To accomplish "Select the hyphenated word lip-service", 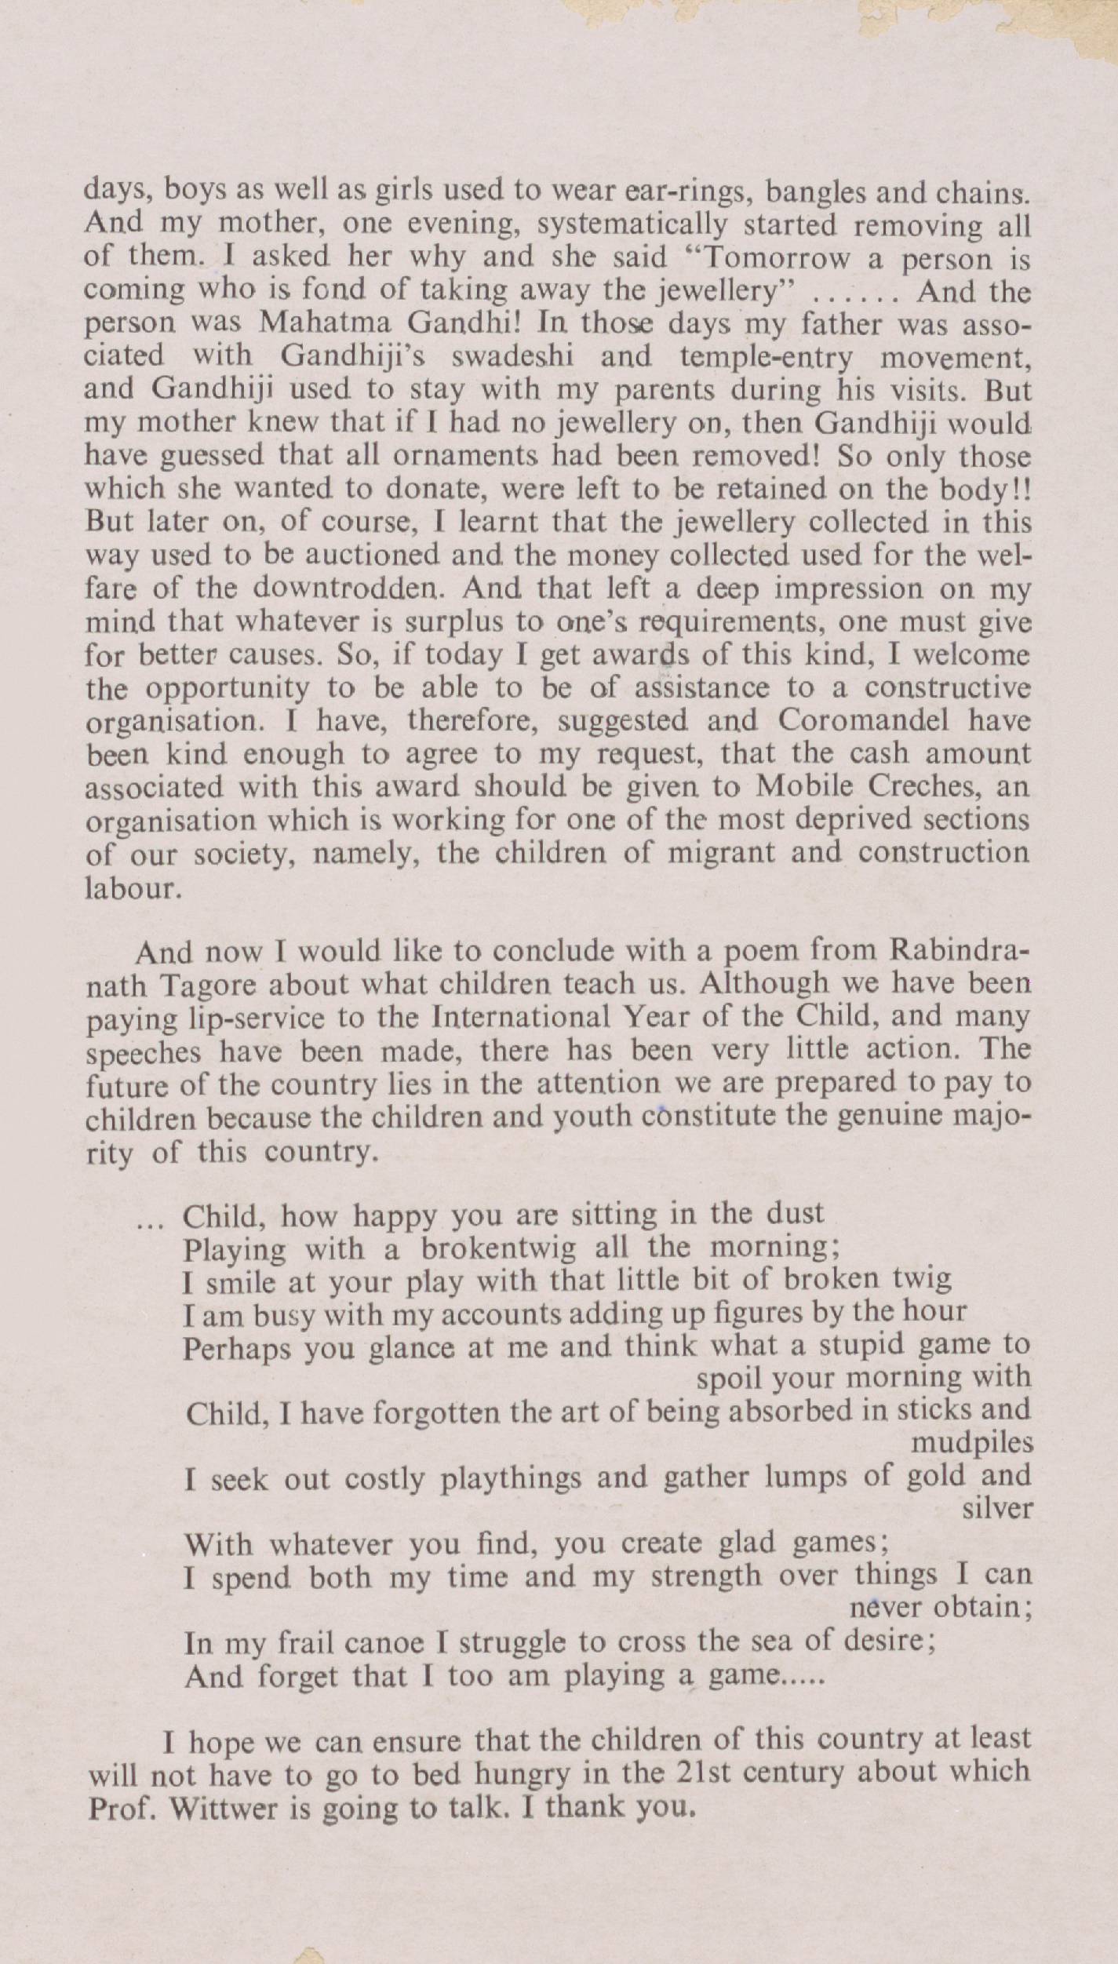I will (235, 1018).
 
